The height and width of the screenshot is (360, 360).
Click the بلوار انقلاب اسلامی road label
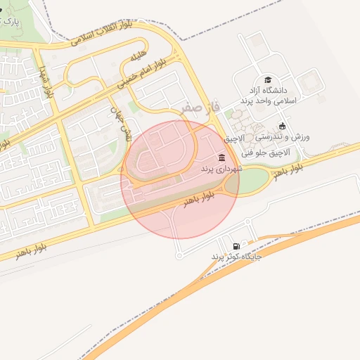click(x=103, y=34)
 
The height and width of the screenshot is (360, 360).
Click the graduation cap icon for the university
click(x=267, y=80)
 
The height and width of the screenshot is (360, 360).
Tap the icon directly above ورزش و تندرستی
click(x=282, y=124)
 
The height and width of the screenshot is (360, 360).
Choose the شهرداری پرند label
click(x=221, y=169)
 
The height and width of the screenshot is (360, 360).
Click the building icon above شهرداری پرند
click(x=222, y=157)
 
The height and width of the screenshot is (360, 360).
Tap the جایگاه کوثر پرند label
click(x=236, y=257)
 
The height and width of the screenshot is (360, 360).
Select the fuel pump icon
click(x=236, y=245)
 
